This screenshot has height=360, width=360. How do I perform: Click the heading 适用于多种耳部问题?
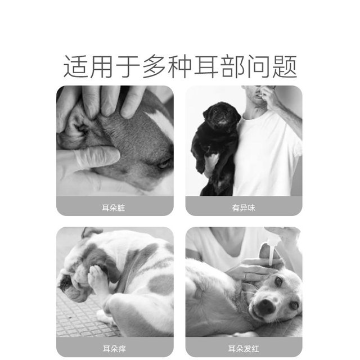[180, 67]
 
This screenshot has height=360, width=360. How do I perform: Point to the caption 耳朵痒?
[115, 348]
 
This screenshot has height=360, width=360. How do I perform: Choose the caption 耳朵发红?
[244, 348]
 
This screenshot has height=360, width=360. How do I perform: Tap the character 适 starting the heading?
[74, 67]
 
